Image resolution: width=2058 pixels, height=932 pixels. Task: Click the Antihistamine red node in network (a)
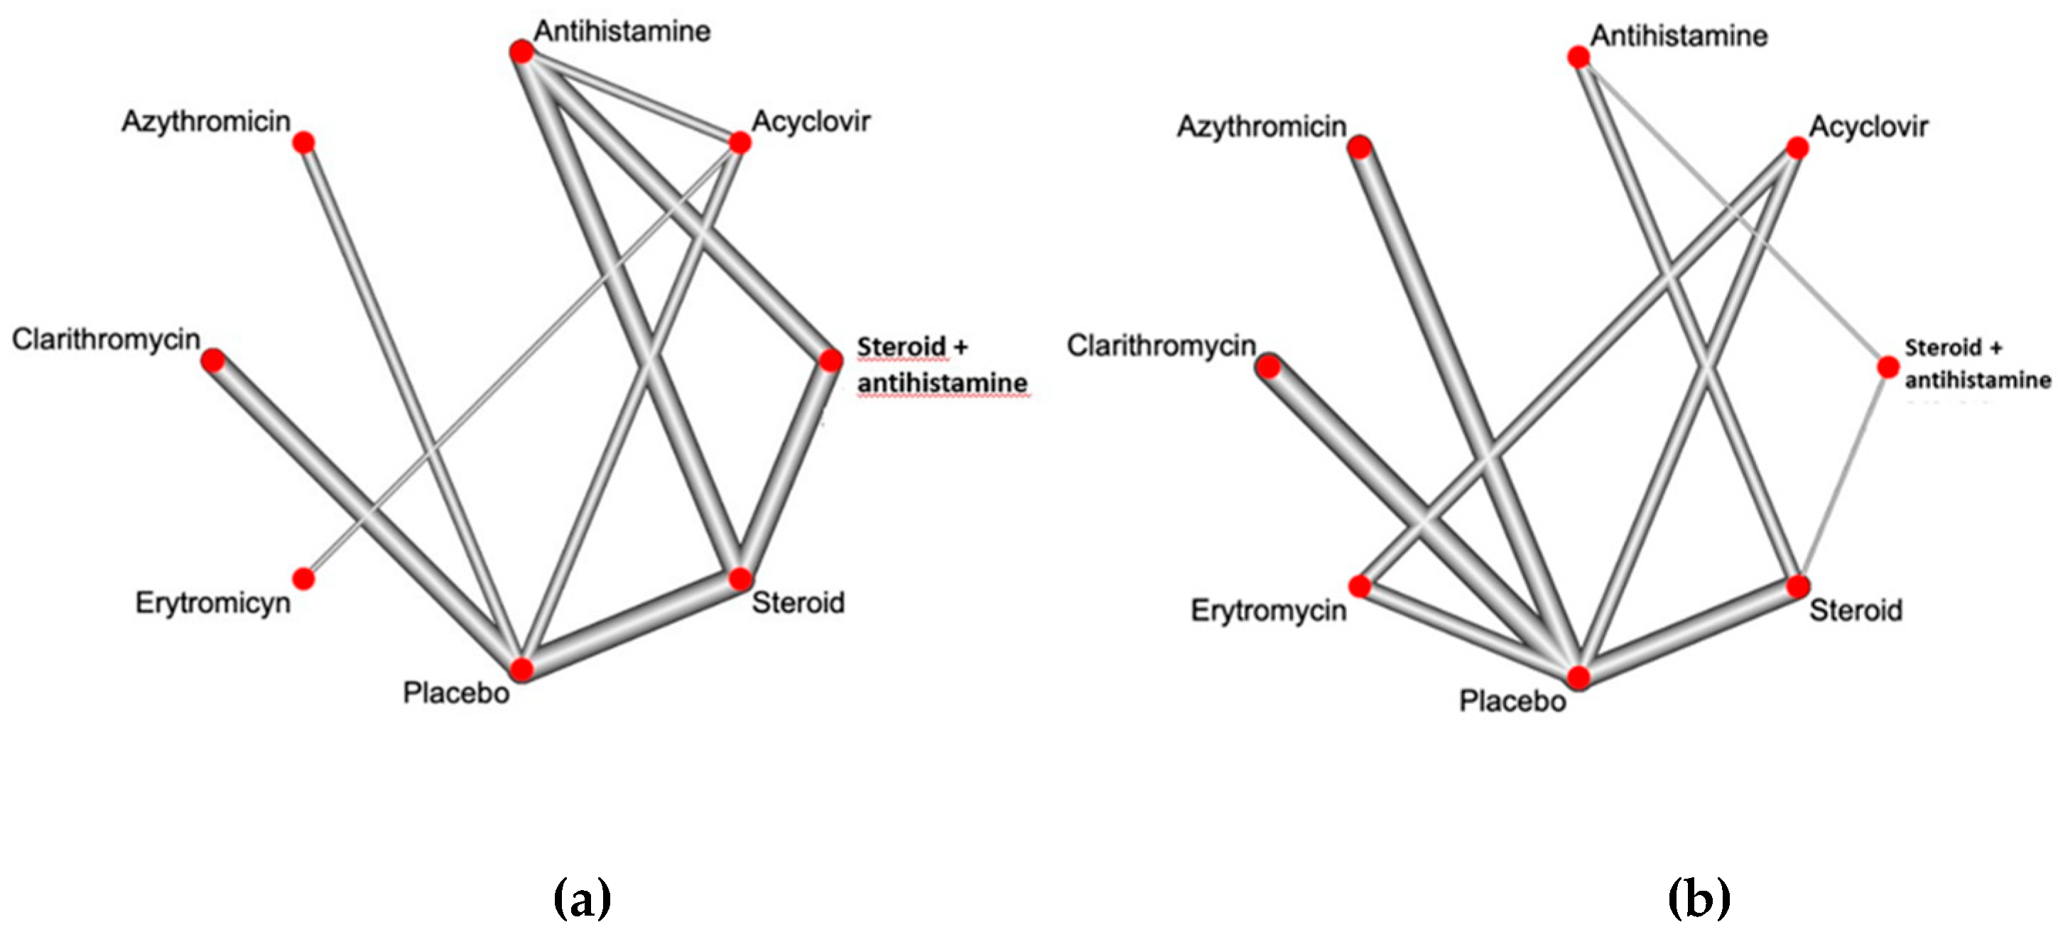click(521, 52)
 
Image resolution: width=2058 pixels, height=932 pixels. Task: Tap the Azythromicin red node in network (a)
click(303, 143)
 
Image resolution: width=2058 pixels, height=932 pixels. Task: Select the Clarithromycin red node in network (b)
click(1269, 367)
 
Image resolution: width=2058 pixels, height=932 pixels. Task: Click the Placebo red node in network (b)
click(1578, 677)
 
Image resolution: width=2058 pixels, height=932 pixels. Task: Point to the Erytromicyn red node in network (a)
click(303, 578)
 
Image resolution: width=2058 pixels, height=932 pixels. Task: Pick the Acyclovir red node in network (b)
click(1797, 148)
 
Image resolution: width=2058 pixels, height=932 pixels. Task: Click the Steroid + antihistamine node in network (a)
click(831, 360)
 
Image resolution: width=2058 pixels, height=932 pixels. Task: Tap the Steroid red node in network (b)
click(1797, 587)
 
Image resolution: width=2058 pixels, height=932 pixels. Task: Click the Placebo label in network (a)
click(455, 693)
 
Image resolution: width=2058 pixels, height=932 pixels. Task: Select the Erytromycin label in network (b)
click(1268, 611)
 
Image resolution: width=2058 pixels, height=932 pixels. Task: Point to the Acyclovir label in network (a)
click(810, 121)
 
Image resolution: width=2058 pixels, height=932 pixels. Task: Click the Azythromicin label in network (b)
click(1261, 126)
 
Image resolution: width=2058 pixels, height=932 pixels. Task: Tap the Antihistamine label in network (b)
click(1679, 36)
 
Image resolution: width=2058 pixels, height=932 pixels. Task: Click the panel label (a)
click(582, 899)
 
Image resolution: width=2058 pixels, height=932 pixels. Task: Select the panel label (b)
click(1699, 899)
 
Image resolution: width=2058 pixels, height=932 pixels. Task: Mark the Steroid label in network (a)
click(797, 603)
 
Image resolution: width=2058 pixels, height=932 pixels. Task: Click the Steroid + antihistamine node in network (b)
click(1888, 367)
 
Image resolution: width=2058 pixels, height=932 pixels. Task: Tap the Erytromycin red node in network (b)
click(1360, 587)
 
